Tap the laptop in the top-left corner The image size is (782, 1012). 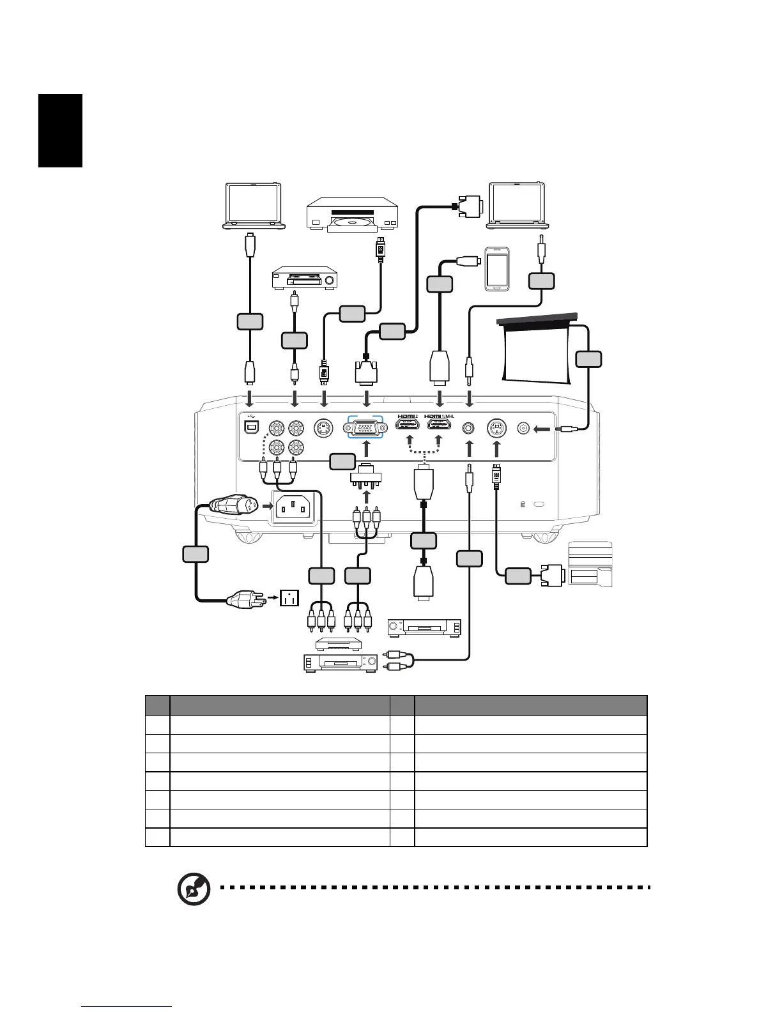[x=254, y=205]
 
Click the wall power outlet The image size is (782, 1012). [x=291, y=599]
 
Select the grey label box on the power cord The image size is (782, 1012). [x=195, y=553]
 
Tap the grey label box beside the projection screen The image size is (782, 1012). [x=588, y=359]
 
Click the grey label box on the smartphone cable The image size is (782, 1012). [x=440, y=284]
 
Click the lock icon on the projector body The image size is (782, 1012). [x=523, y=505]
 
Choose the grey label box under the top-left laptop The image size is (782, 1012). [x=249, y=321]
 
